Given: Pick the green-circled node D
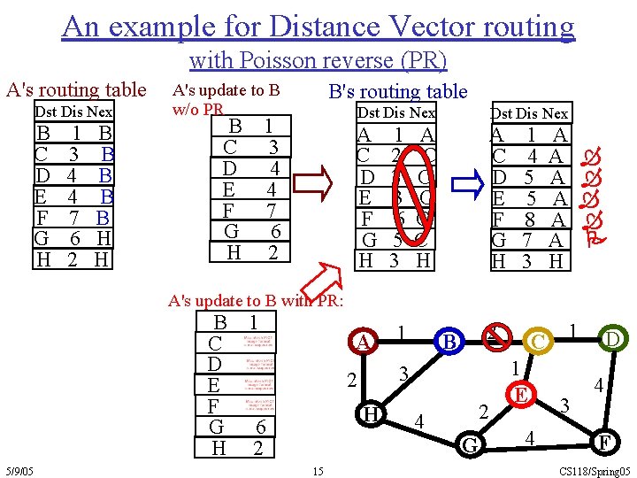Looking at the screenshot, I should [611, 338].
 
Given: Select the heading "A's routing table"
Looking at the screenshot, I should [76, 89].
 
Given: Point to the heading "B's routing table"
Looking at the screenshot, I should [397, 91].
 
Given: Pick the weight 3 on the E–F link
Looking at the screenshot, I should [563, 404].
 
